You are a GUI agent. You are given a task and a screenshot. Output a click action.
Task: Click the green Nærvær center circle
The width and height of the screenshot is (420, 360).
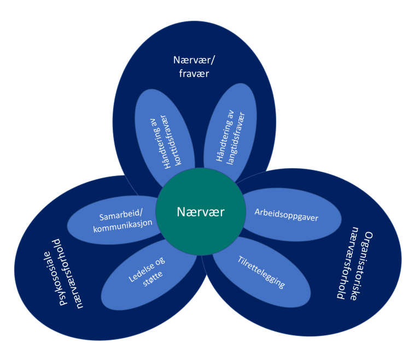tap(200, 229)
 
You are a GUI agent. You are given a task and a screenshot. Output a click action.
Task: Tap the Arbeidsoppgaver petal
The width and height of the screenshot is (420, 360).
tap(287, 214)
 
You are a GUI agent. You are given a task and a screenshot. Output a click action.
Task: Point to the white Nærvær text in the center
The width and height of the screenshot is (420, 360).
tap(200, 212)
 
